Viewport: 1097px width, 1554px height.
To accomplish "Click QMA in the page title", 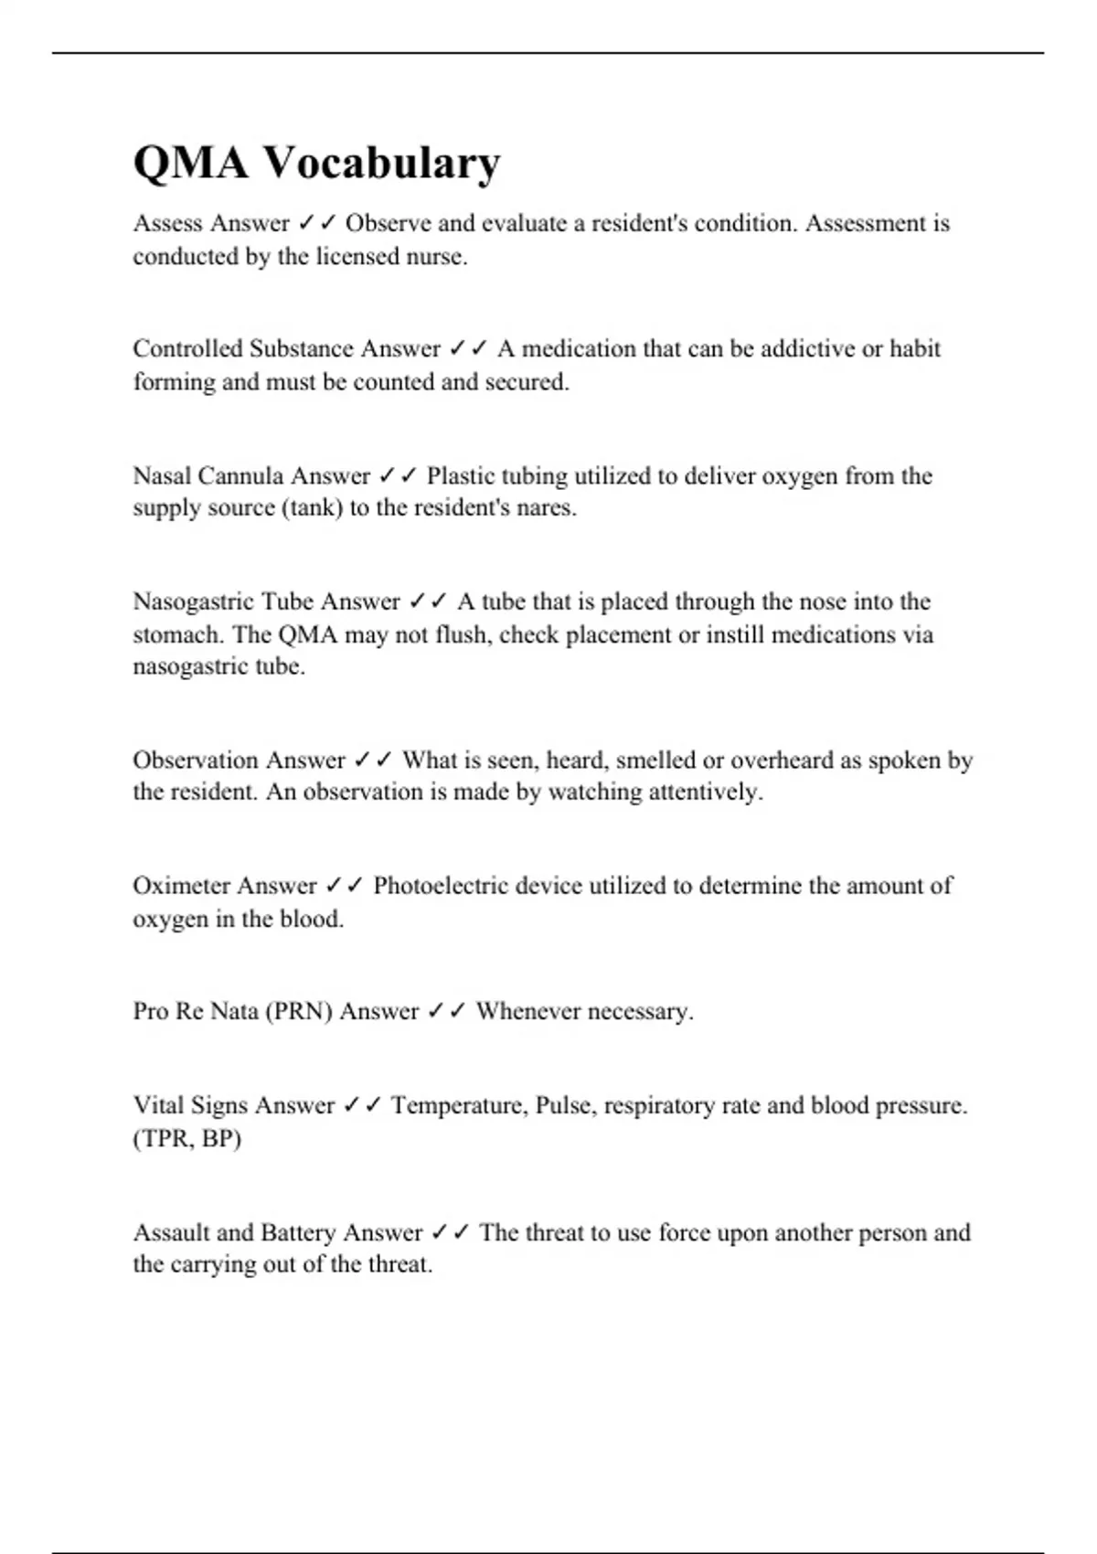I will (190, 164).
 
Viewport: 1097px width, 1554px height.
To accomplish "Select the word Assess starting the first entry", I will (168, 223).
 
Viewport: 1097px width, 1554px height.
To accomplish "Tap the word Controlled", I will (187, 348).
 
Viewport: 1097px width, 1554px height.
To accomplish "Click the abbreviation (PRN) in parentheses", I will (298, 1011).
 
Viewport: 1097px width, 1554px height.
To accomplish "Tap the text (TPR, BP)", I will (187, 1138).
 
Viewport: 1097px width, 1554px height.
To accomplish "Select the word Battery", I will (298, 1232).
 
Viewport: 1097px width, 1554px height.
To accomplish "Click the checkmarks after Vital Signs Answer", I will (363, 1105).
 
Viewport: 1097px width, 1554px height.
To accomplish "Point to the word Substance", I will (301, 348).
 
